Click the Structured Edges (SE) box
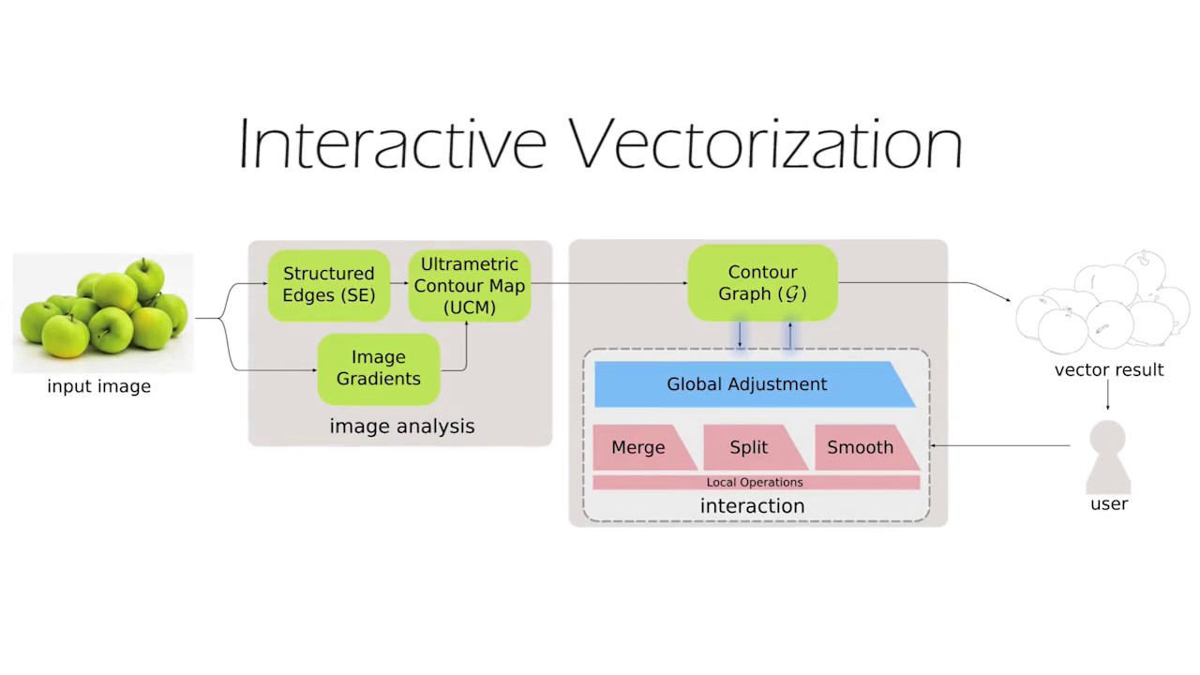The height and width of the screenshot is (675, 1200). (328, 284)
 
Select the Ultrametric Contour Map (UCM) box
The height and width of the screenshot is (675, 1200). (469, 285)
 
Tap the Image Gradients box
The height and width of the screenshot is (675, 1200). (378, 368)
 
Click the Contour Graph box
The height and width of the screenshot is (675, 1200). (762, 283)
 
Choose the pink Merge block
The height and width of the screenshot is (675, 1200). (639, 448)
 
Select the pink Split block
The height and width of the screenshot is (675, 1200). (750, 448)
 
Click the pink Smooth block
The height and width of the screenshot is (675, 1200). (861, 448)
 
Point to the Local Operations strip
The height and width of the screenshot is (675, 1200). (755, 482)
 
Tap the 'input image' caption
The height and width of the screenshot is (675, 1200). (98, 386)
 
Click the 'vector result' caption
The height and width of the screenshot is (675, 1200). (1109, 370)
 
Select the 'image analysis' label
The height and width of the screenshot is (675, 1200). (401, 427)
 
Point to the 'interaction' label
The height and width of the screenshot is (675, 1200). (752, 506)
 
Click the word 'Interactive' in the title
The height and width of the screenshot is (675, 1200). (392, 145)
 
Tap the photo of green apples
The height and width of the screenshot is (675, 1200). (103, 312)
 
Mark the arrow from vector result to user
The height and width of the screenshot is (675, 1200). (1108, 396)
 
